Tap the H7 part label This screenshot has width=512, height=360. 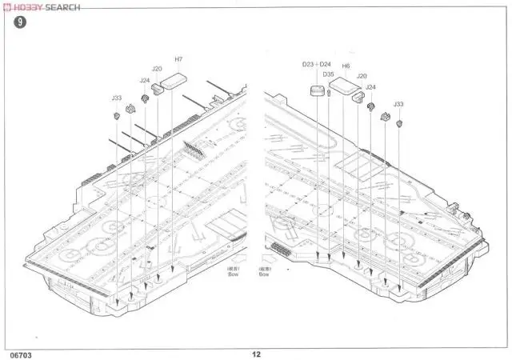[x=178, y=59]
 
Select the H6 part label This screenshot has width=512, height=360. [x=346, y=66]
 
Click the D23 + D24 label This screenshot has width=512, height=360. [x=316, y=65]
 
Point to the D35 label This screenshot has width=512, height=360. [x=328, y=74]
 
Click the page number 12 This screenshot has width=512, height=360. [x=256, y=352]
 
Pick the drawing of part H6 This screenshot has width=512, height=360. [x=342, y=85]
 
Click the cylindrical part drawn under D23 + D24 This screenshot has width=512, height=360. [x=317, y=92]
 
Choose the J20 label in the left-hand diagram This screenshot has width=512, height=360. [x=157, y=69]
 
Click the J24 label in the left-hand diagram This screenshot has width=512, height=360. [x=145, y=80]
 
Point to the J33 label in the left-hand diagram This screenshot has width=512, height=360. [x=117, y=98]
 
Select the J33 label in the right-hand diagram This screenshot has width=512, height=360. [x=398, y=104]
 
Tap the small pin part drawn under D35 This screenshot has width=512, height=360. [x=328, y=93]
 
